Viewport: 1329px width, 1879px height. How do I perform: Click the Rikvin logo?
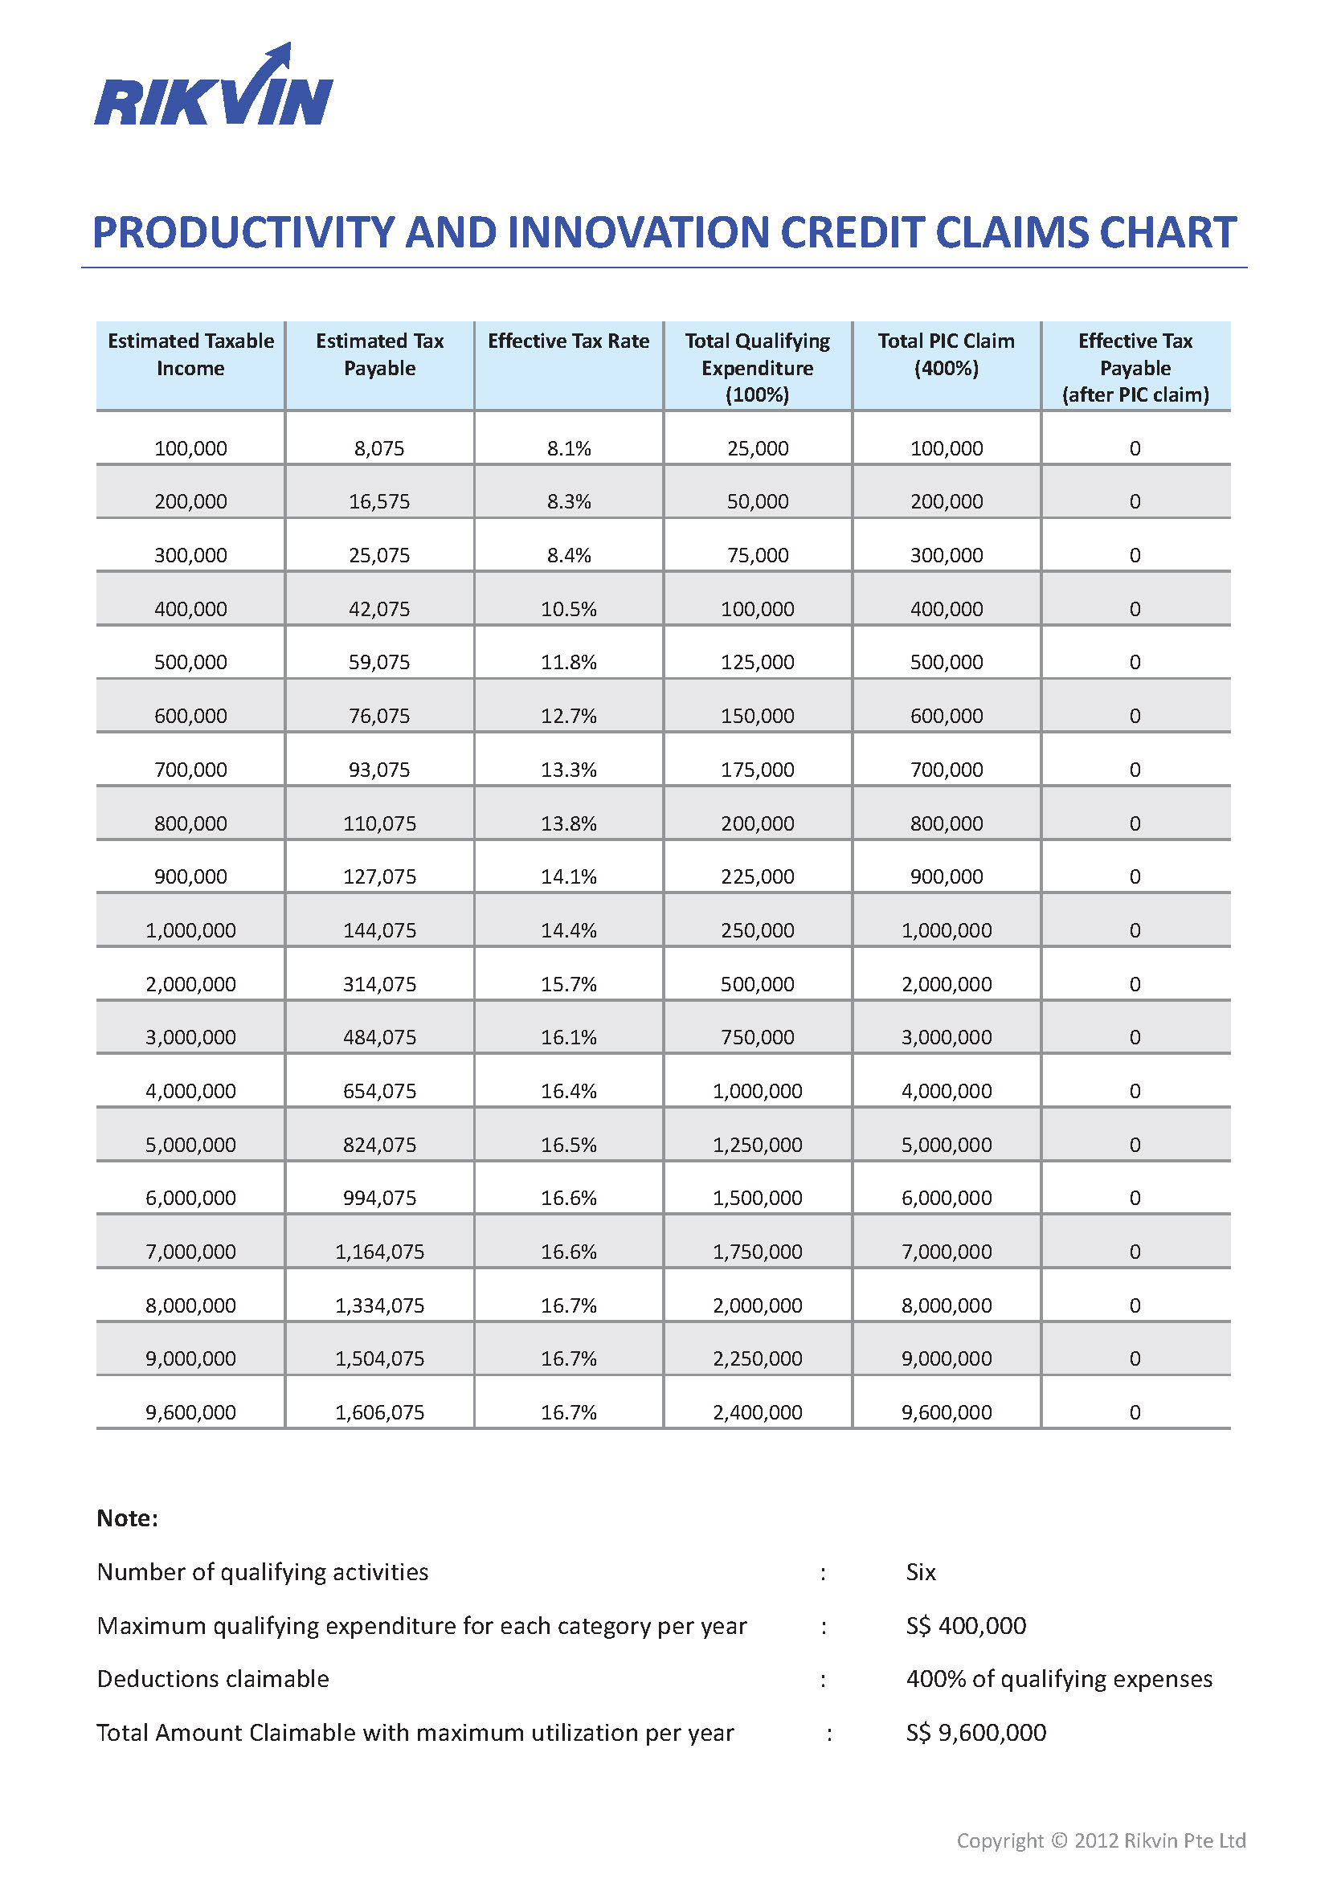[214, 86]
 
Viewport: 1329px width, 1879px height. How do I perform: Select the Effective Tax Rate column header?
[569, 341]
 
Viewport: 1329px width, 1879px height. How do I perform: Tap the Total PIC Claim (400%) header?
[946, 354]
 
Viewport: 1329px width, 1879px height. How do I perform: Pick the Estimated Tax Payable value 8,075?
[379, 448]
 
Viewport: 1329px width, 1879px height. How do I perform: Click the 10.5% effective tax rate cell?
[569, 609]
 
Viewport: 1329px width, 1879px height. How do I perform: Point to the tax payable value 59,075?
[379, 662]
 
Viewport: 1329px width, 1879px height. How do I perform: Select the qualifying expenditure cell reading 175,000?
[757, 770]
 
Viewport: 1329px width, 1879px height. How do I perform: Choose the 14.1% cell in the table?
[569, 876]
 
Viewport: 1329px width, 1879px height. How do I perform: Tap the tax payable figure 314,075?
[379, 984]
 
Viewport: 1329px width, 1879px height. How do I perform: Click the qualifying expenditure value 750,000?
[757, 1037]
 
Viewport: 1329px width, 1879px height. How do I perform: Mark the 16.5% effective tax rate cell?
[569, 1144]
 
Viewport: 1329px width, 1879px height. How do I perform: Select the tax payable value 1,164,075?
[380, 1252]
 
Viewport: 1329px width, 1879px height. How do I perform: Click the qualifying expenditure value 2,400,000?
[757, 1411]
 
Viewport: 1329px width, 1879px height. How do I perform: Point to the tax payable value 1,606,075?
[380, 1411]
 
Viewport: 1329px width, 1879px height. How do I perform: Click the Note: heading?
[127, 1518]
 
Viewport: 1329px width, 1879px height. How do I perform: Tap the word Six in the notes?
[921, 1572]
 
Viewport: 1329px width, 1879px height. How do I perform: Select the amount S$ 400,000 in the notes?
[966, 1625]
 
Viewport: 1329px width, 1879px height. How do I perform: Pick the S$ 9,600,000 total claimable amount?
[975, 1733]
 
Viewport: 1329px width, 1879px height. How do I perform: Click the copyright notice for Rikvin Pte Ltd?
[1101, 1840]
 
